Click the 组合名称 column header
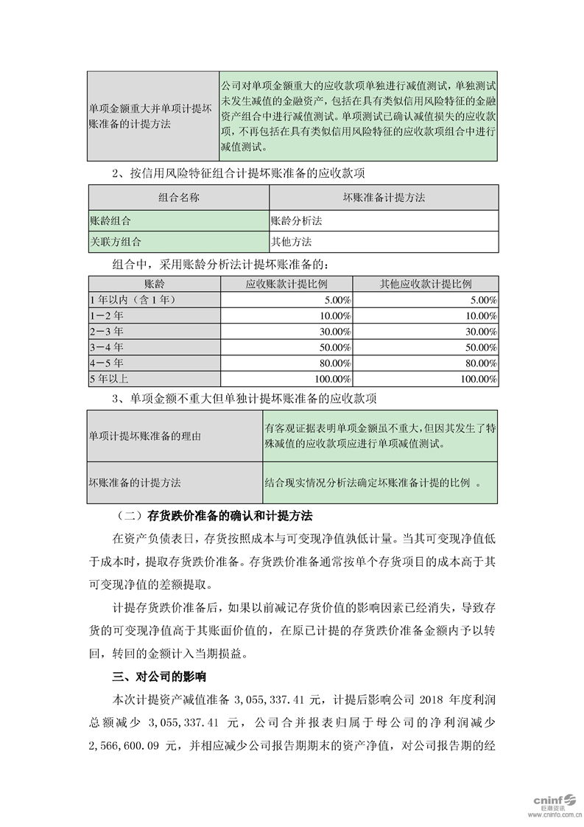(x=178, y=198)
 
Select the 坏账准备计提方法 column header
(x=384, y=198)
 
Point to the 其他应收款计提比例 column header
(x=425, y=284)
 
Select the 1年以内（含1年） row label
(x=132, y=300)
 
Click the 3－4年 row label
(x=107, y=347)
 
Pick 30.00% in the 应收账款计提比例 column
(x=333, y=332)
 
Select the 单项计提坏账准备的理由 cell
(x=144, y=436)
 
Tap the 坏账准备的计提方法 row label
(x=135, y=483)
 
